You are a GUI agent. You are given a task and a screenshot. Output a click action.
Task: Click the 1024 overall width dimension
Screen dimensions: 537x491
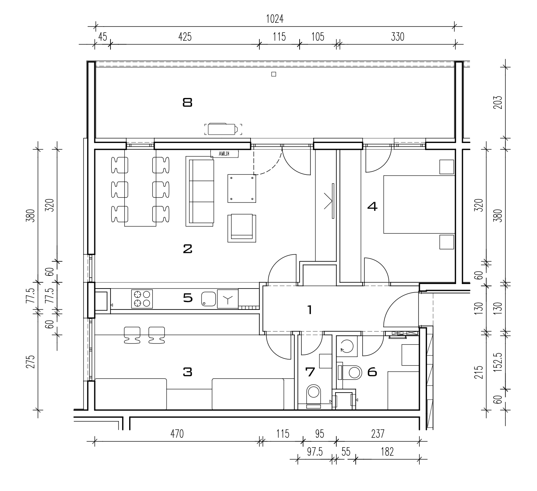pyautogui.click(x=274, y=19)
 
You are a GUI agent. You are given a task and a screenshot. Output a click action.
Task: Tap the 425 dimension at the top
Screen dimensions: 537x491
pyautogui.click(x=185, y=37)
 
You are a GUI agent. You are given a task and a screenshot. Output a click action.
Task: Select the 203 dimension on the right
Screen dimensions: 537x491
pyautogui.click(x=498, y=102)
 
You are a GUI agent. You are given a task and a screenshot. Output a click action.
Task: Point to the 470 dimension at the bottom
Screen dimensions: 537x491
pyautogui.click(x=177, y=434)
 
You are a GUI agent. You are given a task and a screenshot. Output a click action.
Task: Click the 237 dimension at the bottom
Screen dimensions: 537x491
pyautogui.click(x=378, y=434)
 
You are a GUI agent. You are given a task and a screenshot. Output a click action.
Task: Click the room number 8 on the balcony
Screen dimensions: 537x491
pyautogui.click(x=187, y=103)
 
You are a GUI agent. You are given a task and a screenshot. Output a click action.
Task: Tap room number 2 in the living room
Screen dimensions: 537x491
pyautogui.click(x=187, y=249)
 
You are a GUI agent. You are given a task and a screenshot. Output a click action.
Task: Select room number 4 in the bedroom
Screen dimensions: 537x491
pyautogui.click(x=372, y=206)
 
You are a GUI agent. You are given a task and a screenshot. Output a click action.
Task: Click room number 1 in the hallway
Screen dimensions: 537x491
pyautogui.click(x=310, y=310)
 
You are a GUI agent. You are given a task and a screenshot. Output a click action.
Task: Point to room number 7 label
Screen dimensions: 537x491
pyautogui.click(x=310, y=372)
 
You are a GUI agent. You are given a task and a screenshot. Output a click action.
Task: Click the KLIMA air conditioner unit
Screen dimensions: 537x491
pyautogui.click(x=224, y=153)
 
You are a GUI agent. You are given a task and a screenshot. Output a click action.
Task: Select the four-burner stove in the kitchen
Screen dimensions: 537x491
pyautogui.click(x=142, y=299)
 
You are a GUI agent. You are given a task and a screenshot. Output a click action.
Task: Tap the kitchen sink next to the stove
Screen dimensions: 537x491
pyautogui.click(x=209, y=299)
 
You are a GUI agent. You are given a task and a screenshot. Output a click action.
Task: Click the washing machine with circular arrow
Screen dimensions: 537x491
pyautogui.click(x=347, y=346)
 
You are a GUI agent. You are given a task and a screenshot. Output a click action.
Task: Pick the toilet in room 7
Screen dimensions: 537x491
pyautogui.click(x=313, y=396)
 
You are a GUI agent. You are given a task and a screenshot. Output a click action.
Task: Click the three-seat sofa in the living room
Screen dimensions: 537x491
pyautogui.click(x=200, y=191)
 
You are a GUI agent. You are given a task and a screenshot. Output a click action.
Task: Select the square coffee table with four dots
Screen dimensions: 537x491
pyautogui.click(x=242, y=188)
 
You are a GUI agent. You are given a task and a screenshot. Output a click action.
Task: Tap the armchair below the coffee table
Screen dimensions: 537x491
pyautogui.click(x=242, y=228)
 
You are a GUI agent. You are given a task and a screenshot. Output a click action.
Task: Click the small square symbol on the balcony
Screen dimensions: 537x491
pyautogui.click(x=274, y=74)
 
